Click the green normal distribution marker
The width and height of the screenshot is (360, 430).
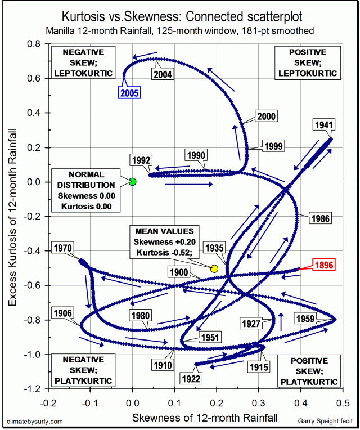pos(133,182)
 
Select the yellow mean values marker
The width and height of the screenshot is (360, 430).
pos(214,269)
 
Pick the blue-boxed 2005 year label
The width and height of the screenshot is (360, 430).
pos(129,93)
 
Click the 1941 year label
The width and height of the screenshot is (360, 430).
pos(325,125)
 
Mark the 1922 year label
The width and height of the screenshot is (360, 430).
pos(191,379)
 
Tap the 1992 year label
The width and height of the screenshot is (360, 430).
pos(140,159)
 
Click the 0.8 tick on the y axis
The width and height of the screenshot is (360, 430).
pos(36,44)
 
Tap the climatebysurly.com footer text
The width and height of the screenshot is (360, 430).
pos(35,420)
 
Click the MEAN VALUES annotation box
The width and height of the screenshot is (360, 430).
pos(164,242)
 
